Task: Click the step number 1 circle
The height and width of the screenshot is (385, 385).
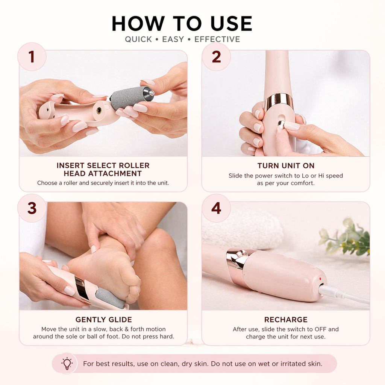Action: pos(32,57)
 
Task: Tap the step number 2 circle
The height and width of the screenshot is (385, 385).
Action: pos(216,57)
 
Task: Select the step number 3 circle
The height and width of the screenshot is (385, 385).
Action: pos(32,208)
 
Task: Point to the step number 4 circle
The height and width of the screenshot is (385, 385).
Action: pos(216,208)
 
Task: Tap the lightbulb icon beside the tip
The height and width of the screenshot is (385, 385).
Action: pos(67,363)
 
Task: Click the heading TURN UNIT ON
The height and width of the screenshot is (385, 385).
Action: pos(286,166)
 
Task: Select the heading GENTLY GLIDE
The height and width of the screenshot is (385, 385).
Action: pos(103,320)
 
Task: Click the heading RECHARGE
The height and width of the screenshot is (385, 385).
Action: pos(286,320)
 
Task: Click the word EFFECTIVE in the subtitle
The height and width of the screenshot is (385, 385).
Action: pos(217,39)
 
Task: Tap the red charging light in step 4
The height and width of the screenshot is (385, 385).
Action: pos(320,279)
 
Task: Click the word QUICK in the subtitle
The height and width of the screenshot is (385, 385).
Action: pos(138,39)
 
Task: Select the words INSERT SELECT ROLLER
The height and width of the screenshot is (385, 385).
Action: pos(103,165)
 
